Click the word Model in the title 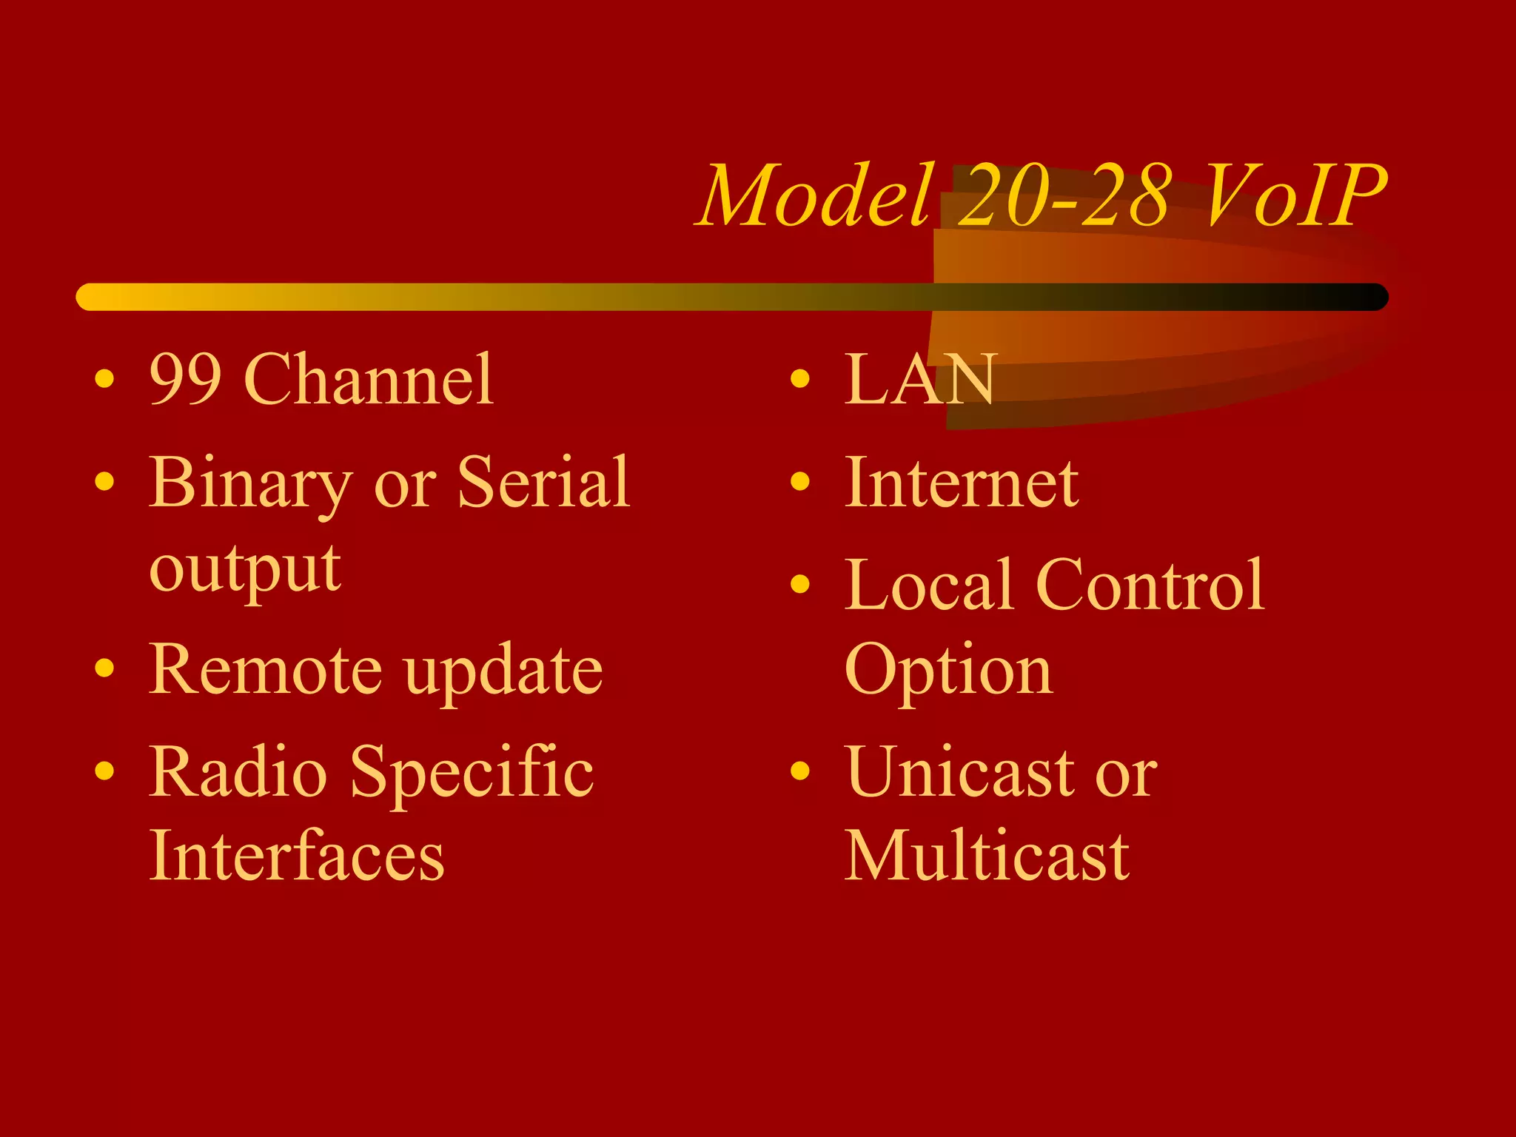[x=814, y=195]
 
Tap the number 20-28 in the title [x=1066, y=195]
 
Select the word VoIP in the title [x=1295, y=195]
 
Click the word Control [x=1150, y=586]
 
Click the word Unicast [x=959, y=773]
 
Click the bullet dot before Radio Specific [x=105, y=771]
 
